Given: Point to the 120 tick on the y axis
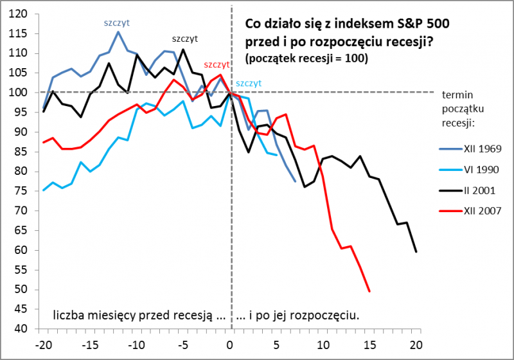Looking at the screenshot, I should [x=19, y=14].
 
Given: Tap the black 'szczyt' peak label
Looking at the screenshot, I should [x=184, y=39].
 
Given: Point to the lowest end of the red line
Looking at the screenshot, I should [x=369, y=291].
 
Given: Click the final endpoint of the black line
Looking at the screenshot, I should [x=416, y=251].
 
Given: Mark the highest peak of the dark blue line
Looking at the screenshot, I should [x=118, y=32].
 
